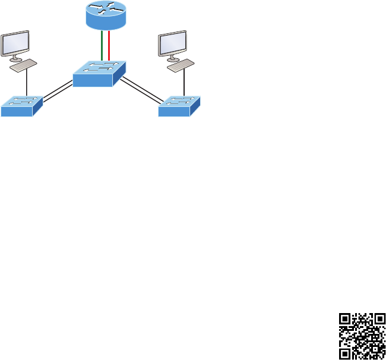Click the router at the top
[106, 15]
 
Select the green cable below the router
[102, 46]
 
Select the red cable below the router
[110, 46]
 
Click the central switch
[100, 74]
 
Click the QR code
[362, 336]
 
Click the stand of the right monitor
[174, 58]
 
